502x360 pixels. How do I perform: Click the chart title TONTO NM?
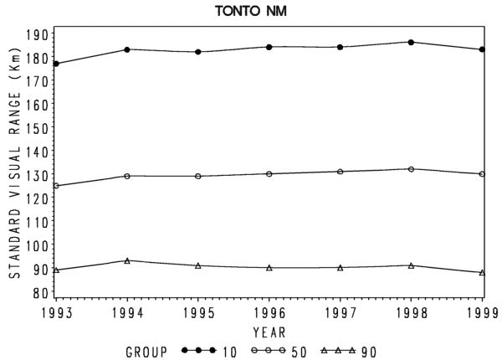[x=251, y=11]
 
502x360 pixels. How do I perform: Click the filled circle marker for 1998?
[x=411, y=42]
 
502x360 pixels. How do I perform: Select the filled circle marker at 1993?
[x=56, y=64]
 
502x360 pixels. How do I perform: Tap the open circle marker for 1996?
[x=269, y=174]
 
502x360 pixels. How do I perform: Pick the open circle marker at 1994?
[x=127, y=176]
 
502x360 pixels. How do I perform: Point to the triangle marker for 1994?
[x=127, y=260]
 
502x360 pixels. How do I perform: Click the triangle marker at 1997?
[x=341, y=268]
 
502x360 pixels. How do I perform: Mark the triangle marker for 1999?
[x=482, y=273]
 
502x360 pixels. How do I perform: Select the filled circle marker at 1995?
[x=198, y=52]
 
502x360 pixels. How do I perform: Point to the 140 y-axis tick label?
[x=37, y=152]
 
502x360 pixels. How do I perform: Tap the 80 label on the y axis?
[x=41, y=293]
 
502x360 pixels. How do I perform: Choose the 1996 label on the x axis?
[x=269, y=313]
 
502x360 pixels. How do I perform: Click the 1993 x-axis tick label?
[x=57, y=313]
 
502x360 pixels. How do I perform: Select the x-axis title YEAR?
[x=269, y=332]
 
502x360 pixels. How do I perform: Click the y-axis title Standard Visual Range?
[x=15, y=163]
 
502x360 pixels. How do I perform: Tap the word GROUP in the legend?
[x=146, y=352]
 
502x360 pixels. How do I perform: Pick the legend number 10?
[x=230, y=352]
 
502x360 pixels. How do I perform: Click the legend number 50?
[x=299, y=352]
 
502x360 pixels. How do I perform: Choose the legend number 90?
[x=369, y=352]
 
